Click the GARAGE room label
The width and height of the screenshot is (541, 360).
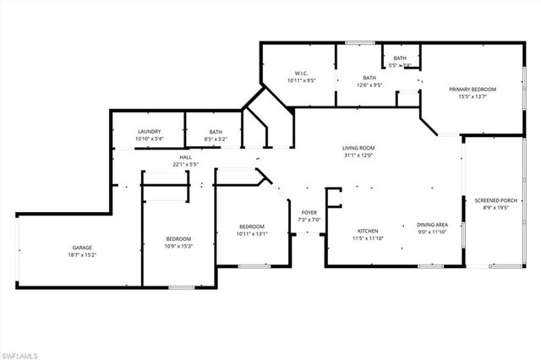[x=82, y=248]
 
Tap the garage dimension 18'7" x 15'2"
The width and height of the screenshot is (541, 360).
[x=82, y=255]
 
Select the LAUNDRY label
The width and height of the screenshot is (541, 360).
[x=150, y=132]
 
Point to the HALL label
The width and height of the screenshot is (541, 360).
[x=185, y=156]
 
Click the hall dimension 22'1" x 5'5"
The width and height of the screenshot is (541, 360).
[x=185, y=164]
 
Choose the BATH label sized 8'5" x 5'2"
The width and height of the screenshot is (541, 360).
[x=216, y=132]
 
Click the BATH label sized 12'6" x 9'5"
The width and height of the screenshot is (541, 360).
[x=369, y=77]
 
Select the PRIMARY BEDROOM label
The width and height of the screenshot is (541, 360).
[x=473, y=89]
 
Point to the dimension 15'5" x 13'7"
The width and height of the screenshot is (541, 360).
[x=473, y=96]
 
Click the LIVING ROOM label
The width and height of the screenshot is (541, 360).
[x=358, y=148]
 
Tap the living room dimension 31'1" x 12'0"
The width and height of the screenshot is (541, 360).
[x=358, y=155]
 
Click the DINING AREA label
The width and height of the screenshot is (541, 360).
[x=432, y=225]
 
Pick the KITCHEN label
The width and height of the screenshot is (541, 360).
[x=367, y=231]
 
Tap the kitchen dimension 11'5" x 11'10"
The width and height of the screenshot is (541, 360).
[x=367, y=238]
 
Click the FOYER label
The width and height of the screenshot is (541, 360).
[x=310, y=212]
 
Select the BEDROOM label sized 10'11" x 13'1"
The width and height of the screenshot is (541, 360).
[x=252, y=226]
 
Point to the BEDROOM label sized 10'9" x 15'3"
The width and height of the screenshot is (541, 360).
[x=178, y=239]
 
